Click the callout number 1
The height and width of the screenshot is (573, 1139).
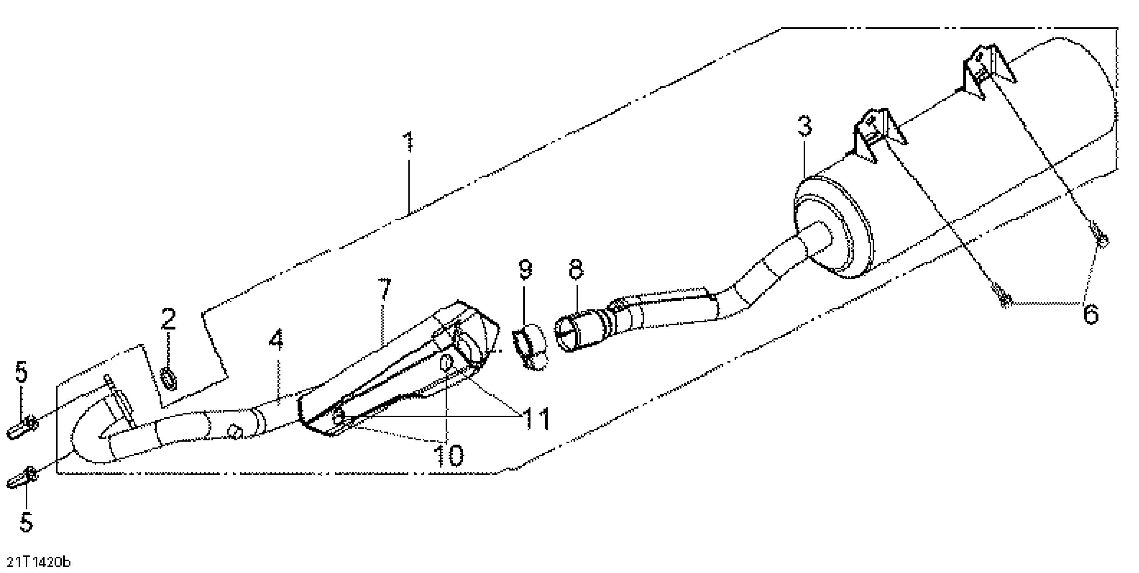[x=409, y=142]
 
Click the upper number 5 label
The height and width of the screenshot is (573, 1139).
[x=21, y=372]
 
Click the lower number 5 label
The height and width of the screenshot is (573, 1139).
[x=26, y=522]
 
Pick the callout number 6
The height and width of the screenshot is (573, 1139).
[x=1091, y=314]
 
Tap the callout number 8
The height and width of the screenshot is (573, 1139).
[x=576, y=269]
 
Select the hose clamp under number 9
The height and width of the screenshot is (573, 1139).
[x=530, y=345]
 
